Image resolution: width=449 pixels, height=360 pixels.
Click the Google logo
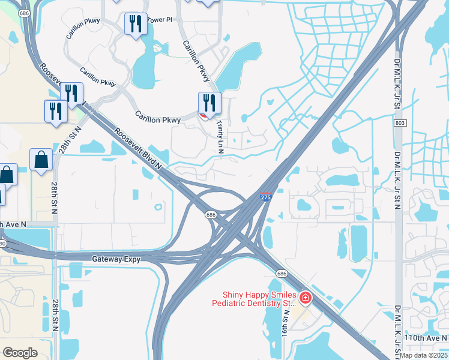click(20, 352)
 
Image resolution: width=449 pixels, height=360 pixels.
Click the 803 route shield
click(399, 123)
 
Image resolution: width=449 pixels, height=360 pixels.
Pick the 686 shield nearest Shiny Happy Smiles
click(281, 273)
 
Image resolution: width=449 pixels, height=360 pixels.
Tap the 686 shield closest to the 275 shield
click(211, 214)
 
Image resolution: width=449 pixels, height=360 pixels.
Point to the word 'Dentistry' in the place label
click(262, 304)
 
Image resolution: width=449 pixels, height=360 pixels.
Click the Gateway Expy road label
click(116, 259)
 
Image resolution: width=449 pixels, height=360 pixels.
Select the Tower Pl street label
click(160, 20)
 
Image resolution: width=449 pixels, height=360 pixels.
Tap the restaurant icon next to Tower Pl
click(136, 24)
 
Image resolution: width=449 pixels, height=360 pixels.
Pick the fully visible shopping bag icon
click(40, 160)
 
